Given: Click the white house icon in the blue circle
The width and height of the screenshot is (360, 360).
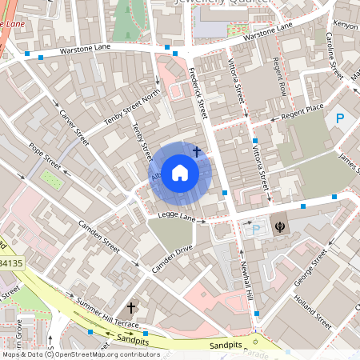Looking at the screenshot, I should point(180,172).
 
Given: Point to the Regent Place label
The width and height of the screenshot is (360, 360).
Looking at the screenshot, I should point(304,108).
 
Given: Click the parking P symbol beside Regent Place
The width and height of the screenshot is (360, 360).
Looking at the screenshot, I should point(340,119).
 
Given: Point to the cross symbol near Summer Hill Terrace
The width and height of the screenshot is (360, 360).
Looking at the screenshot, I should point(131,307).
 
